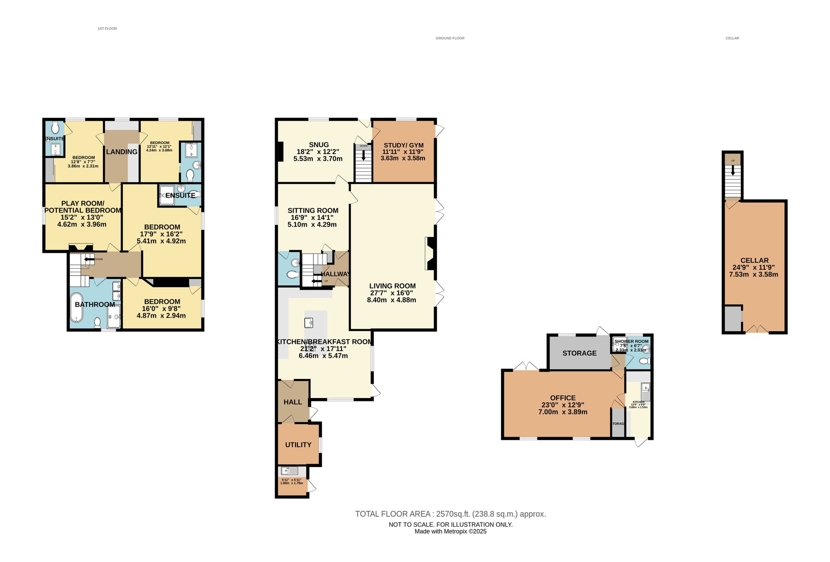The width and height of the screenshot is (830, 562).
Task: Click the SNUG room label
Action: pyautogui.click(x=318, y=145)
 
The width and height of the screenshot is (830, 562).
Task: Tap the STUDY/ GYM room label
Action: pyautogui.click(x=403, y=145)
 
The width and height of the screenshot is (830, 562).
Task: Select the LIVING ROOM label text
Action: pyautogui.click(x=392, y=286)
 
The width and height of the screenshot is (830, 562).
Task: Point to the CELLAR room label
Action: pyautogui.click(x=754, y=261)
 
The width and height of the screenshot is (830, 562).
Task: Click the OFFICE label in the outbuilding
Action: pyautogui.click(x=563, y=398)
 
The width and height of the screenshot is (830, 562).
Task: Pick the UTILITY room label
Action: pyautogui.click(x=298, y=445)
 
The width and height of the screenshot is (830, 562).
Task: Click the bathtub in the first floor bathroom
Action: pyautogui.click(x=76, y=308)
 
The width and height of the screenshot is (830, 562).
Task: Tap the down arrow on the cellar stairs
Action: pyautogui.click(x=733, y=170)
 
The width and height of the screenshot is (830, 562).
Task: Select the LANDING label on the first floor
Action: pyautogui.click(x=122, y=152)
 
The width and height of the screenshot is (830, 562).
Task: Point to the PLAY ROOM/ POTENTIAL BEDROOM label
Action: pyautogui.click(x=83, y=207)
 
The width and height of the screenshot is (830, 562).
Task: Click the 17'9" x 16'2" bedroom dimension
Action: pyautogui.click(x=162, y=234)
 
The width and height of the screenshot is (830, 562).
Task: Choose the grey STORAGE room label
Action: pyautogui.click(x=579, y=353)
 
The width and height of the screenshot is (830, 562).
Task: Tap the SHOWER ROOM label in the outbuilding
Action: pyautogui.click(x=631, y=341)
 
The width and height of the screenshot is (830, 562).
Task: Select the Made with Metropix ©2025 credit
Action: pyautogui.click(x=450, y=531)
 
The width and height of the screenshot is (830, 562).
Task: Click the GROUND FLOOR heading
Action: pyautogui.click(x=450, y=38)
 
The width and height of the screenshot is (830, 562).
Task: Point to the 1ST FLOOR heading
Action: pyautogui.click(x=107, y=29)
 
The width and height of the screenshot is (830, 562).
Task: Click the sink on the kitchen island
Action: pyautogui.click(x=309, y=323)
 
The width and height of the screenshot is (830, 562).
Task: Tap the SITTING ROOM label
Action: pyautogui.click(x=313, y=211)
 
